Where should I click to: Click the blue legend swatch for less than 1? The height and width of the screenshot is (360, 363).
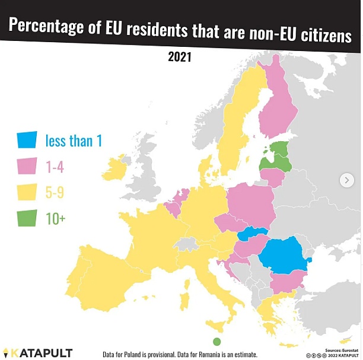[x=27, y=140]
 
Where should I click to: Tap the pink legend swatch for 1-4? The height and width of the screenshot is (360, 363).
[x=27, y=167]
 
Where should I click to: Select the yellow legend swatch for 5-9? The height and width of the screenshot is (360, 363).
[x=27, y=192]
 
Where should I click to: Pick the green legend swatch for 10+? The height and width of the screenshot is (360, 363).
[x=27, y=218]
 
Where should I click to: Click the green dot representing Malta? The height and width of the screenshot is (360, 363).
[x=216, y=341]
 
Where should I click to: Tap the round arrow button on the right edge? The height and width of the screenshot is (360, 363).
[x=346, y=180]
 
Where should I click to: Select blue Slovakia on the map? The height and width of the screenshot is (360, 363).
[x=251, y=234]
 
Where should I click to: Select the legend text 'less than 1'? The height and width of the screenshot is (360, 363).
[x=74, y=141]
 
